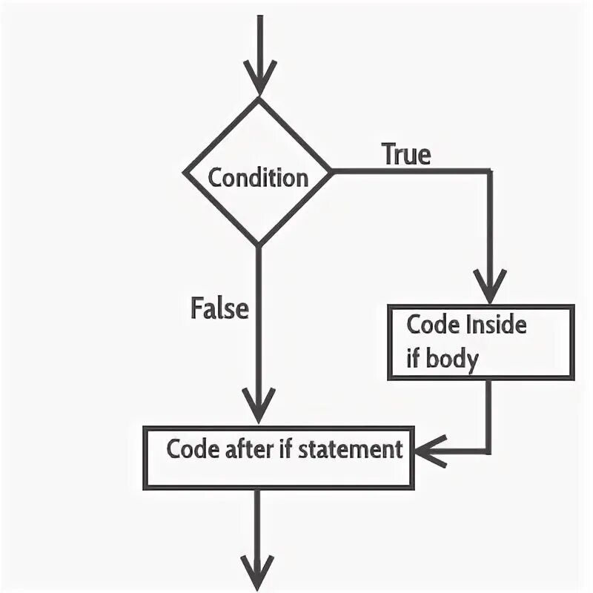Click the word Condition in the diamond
click(257, 178)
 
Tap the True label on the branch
click(405, 154)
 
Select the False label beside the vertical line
click(219, 307)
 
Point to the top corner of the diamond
click(258, 98)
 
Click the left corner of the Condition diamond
click(184, 173)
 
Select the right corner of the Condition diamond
click(331, 172)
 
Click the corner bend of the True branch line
click(489, 172)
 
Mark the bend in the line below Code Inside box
click(489, 450)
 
